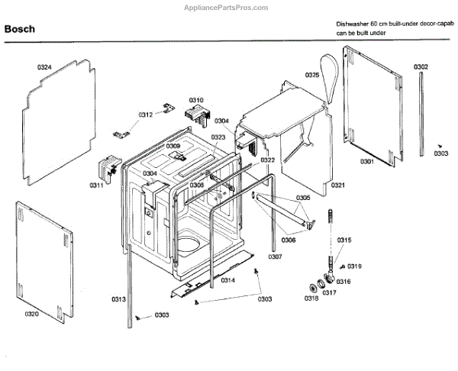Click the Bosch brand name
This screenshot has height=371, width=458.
pos(18,30)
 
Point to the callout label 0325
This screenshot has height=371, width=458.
pos(312,75)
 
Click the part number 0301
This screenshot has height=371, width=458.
pos(366,162)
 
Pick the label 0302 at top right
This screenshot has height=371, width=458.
pos(421,68)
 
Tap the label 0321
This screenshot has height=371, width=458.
pos(338,185)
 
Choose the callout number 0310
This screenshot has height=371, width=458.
pos(196,100)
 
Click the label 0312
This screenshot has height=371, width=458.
pos(145,115)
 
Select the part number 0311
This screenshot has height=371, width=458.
pos(96,185)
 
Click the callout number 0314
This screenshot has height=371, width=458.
pos(227,281)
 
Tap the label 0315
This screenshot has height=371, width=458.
pos(344,240)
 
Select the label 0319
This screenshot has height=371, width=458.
pos(355,266)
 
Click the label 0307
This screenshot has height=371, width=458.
pos(275,256)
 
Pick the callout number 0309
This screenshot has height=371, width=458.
pos(173,146)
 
